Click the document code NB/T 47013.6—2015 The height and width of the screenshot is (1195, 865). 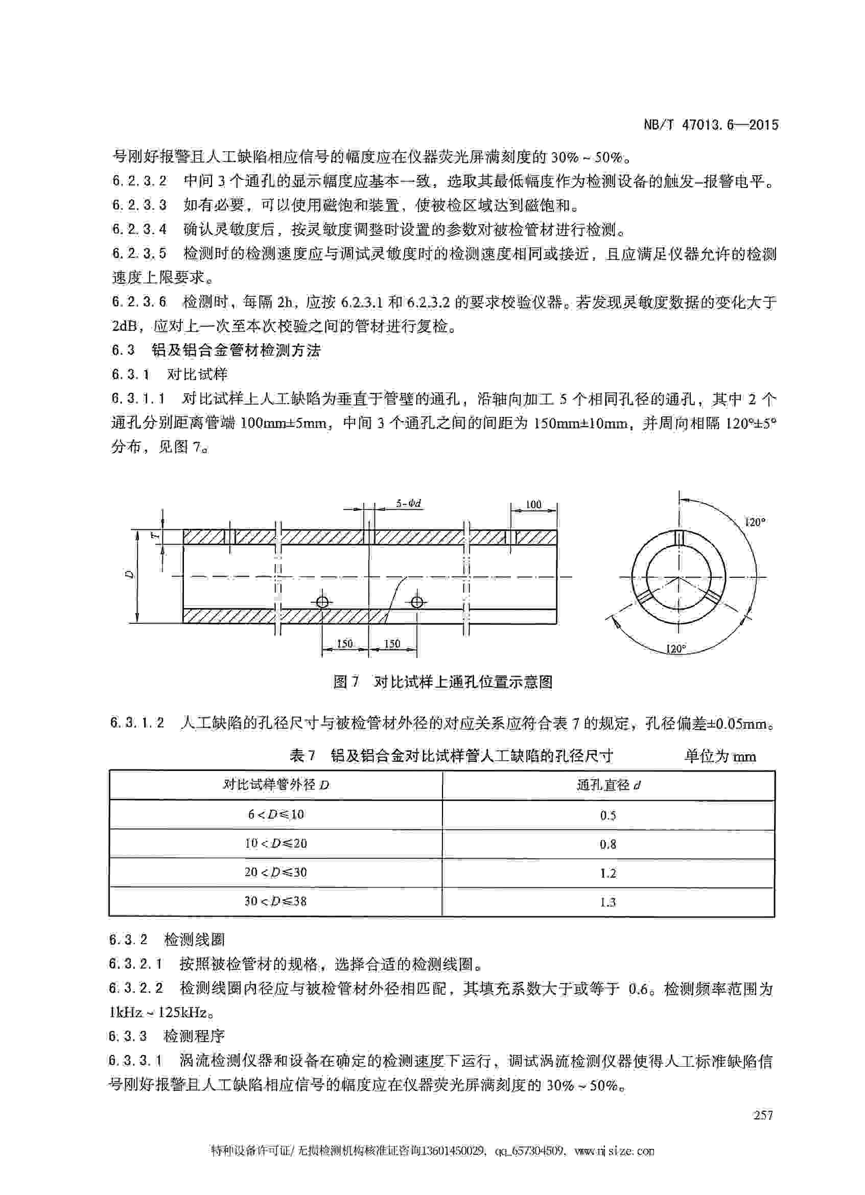click(x=711, y=125)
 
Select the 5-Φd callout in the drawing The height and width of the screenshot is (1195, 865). click(x=409, y=503)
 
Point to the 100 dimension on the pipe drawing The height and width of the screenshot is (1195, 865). click(x=533, y=505)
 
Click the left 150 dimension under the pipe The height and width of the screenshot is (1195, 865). click(x=344, y=644)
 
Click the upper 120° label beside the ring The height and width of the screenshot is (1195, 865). click(x=754, y=522)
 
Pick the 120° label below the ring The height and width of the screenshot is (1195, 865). click(x=675, y=649)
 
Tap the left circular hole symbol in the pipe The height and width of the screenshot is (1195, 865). click(x=322, y=602)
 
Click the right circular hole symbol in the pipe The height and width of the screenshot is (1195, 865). click(x=417, y=602)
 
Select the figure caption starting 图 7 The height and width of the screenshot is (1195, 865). click(x=442, y=683)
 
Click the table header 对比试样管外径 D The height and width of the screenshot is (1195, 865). click(x=275, y=785)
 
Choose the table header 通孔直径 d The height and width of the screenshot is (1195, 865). click(x=609, y=785)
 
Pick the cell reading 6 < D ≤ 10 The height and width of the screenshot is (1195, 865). click(x=275, y=814)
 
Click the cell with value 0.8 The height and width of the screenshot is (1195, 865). click(x=608, y=844)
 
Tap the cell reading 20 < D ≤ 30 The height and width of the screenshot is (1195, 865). click(x=275, y=872)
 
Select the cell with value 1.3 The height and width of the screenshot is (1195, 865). click(x=608, y=902)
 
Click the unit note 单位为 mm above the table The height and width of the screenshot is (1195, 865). click(x=720, y=757)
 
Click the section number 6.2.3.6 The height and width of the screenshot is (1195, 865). click(x=139, y=302)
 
